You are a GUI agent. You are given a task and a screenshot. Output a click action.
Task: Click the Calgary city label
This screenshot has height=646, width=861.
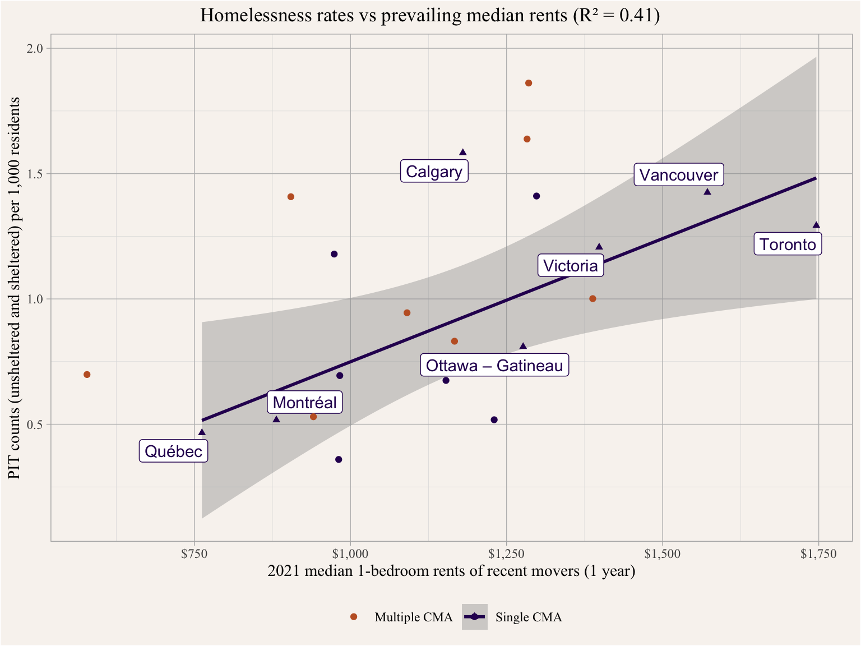click(x=434, y=172)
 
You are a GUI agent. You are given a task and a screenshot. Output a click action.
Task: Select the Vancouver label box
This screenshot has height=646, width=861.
click(x=679, y=175)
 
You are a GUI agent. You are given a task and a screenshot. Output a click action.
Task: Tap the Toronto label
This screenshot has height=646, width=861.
click(x=788, y=244)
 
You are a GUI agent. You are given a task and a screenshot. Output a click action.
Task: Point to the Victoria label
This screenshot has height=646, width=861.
click(x=571, y=266)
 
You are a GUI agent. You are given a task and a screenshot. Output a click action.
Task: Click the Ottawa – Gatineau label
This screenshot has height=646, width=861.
click(x=494, y=366)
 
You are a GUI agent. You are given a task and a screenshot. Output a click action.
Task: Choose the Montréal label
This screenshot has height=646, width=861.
click(x=305, y=403)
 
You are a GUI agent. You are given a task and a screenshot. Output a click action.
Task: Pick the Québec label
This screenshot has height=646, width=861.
click(x=173, y=451)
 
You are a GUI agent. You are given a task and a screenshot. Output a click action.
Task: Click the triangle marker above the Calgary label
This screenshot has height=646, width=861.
click(x=463, y=152)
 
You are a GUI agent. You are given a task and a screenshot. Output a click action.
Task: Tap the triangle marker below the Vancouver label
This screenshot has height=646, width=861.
click(x=707, y=192)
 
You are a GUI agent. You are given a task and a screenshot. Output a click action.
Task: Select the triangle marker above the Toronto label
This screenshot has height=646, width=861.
click(x=816, y=225)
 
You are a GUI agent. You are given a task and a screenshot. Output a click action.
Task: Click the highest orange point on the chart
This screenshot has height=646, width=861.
click(x=529, y=83)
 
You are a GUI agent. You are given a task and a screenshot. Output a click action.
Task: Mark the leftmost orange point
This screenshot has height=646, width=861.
click(x=87, y=375)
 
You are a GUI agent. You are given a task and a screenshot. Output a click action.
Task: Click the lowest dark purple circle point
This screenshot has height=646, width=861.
click(x=339, y=460)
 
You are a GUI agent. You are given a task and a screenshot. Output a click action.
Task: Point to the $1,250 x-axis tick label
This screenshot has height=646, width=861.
click(x=506, y=555)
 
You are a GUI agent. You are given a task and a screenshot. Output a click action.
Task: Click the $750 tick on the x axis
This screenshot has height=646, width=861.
click(x=195, y=555)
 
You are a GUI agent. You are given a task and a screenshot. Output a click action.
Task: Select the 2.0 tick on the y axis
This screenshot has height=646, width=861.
click(x=36, y=48)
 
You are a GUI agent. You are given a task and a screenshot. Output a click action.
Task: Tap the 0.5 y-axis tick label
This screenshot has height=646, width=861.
click(x=36, y=424)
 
